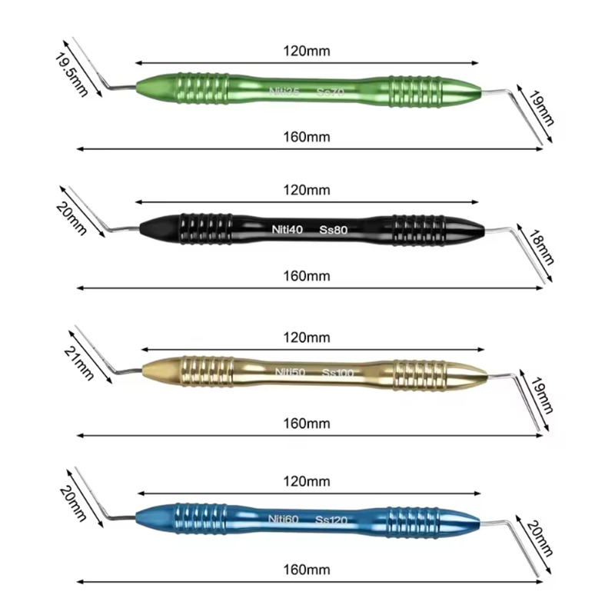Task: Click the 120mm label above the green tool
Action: pyautogui.click(x=307, y=52)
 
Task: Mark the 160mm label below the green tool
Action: pyautogui.click(x=307, y=137)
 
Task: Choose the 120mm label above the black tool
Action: pyautogui.click(x=307, y=189)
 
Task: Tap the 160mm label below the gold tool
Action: pyautogui.click(x=307, y=424)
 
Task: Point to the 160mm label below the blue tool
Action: pyautogui.click(x=307, y=570)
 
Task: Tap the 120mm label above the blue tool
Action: pyautogui.click(x=307, y=482)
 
